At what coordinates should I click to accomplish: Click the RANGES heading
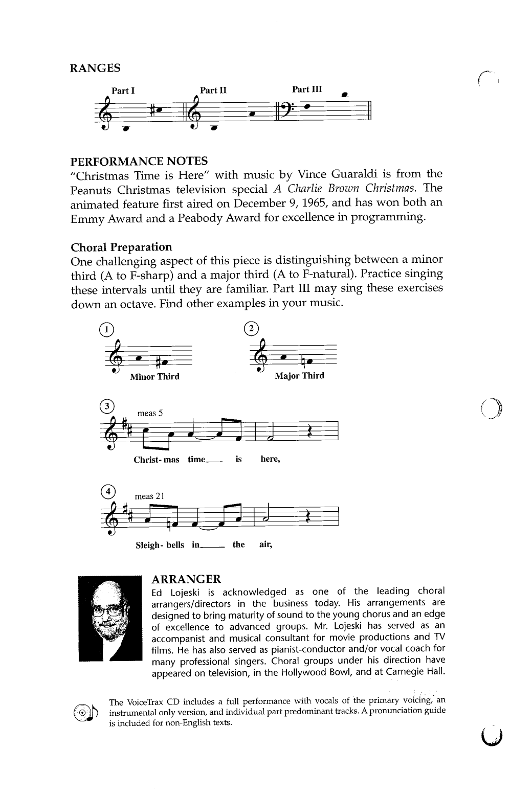click(x=95, y=68)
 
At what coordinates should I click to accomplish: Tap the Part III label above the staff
click(x=307, y=89)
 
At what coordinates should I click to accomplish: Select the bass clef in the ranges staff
click(x=283, y=110)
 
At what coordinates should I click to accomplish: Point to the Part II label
click(x=213, y=90)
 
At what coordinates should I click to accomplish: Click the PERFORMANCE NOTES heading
click(x=139, y=162)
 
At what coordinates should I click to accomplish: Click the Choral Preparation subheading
click(x=121, y=247)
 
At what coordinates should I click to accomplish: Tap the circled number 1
click(x=106, y=329)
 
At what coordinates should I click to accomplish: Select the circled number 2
click(x=252, y=328)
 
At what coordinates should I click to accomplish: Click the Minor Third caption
click(x=154, y=377)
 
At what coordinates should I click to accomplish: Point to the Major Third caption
click(x=299, y=376)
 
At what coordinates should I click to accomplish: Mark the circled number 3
click(x=106, y=406)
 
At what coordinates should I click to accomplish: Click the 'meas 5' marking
click(x=150, y=413)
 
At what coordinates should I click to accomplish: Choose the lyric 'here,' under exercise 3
click(x=270, y=459)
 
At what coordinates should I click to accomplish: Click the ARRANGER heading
click(x=186, y=579)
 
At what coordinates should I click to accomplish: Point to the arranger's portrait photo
click(x=110, y=618)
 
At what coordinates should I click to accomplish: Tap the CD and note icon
click(x=89, y=713)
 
